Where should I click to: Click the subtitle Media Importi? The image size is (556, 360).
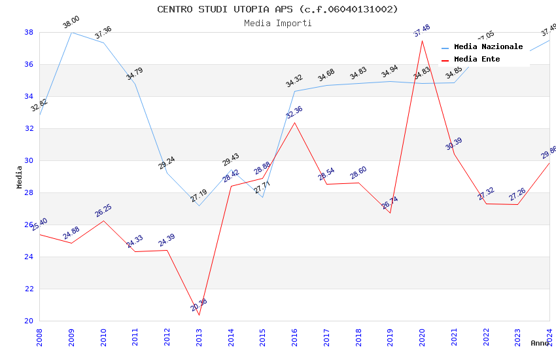point(277,23)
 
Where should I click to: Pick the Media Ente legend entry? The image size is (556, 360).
point(477,59)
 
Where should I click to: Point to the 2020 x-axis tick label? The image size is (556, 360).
point(422,336)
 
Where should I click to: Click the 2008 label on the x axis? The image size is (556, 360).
point(39,336)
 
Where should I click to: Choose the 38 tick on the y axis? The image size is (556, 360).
point(29,32)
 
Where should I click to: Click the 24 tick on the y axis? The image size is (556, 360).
point(29,257)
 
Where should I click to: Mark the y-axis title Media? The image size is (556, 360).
point(20,177)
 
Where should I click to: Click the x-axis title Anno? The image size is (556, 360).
point(540,343)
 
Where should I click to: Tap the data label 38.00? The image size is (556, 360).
point(71,23)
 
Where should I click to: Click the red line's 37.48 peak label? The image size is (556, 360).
point(422,31)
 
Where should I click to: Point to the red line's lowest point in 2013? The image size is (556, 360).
point(199,315)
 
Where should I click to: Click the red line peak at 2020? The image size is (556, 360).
point(422,41)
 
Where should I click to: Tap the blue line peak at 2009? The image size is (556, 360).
point(71,32)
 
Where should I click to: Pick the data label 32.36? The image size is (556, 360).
point(294,113)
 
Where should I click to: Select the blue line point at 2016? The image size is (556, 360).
point(294,91)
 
